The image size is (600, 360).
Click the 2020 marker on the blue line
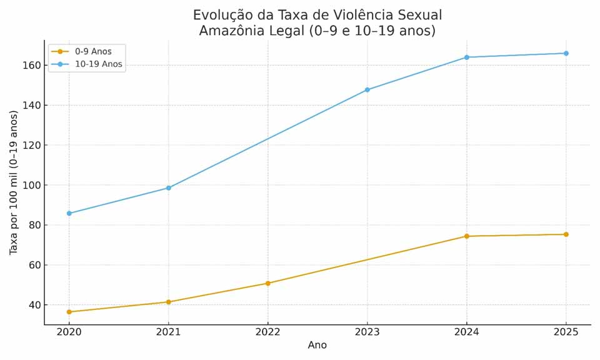tap(69, 213)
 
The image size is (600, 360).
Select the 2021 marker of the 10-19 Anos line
tap(169, 188)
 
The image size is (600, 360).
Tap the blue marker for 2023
tap(367, 90)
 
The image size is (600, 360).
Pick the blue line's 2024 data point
tap(467, 57)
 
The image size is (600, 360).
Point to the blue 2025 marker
tap(566, 53)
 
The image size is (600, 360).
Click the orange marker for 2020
tap(69, 312)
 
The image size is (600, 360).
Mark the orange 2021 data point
tap(169, 302)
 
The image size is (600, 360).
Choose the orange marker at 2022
tap(268, 283)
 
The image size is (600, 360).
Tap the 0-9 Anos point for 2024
tap(467, 236)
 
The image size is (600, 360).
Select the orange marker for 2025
tap(566, 234)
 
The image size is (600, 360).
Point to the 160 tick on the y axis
tap(32, 66)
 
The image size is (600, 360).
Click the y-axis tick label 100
tap(32, 186)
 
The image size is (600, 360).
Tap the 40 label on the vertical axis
tap(34, 306)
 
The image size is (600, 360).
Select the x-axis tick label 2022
tap(268, 332)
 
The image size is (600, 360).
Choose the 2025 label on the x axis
tap(566, 332)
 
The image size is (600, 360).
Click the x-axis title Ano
tap(317, 346)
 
